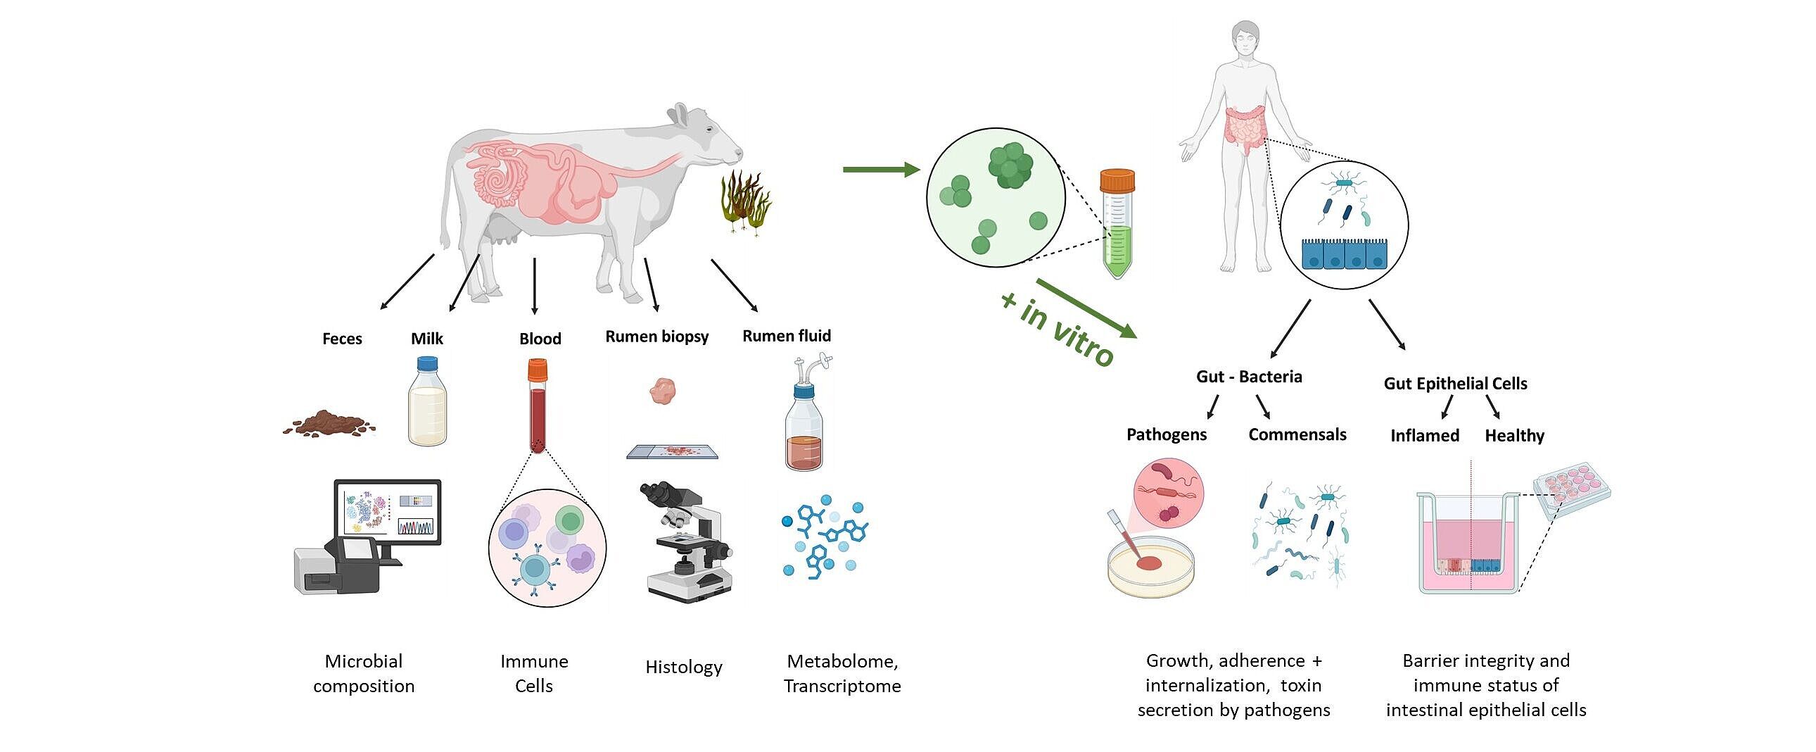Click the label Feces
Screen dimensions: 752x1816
pos(342,339)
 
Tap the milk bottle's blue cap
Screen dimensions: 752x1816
pos(427,364)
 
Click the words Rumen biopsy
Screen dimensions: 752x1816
pos(656,337)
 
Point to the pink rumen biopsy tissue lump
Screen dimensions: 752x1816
pos(663,389)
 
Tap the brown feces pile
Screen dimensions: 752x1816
pos(329,423)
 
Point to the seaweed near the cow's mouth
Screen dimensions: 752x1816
pos(744,201)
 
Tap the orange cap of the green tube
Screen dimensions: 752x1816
pos(1117,180)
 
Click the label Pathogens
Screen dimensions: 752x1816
pos(1166,434)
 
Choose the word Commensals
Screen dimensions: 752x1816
pos(1297,434)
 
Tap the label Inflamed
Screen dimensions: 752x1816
pos(1424,436)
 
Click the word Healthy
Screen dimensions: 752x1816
pos(1514,436)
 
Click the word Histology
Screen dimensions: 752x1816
pos(684,667)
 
